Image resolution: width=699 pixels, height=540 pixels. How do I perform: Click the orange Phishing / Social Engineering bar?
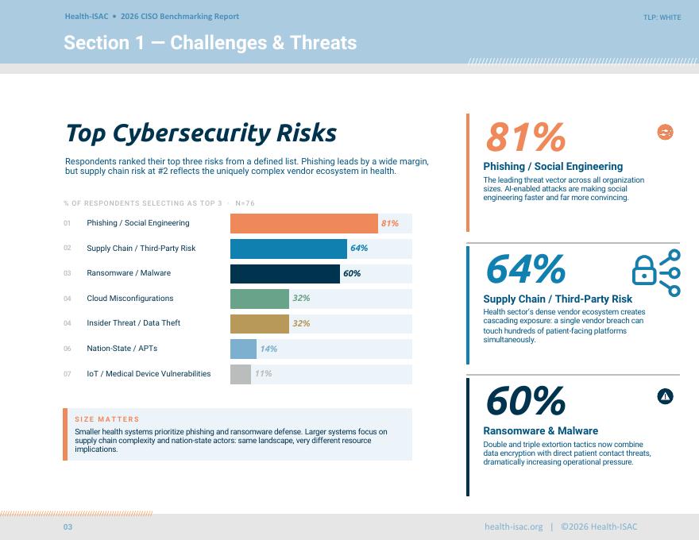click(x=304, y=223)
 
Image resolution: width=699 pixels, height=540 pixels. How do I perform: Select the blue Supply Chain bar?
click(x=288, y=249)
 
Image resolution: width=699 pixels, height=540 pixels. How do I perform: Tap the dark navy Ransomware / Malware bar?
click(x=285, y=273)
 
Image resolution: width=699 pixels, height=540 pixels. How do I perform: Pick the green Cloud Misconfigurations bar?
click(x=260, y=299)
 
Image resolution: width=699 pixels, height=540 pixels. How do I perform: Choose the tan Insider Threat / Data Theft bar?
click(x=260, y=324)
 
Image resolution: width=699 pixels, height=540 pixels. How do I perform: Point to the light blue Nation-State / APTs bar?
click(x=243, y=349)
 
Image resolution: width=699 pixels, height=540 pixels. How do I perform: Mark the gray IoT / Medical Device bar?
click(x=241, y=374)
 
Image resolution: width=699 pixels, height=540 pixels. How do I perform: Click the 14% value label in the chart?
click(x=268, y=349)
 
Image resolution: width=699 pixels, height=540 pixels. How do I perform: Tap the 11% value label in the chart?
click(x=264, y=373)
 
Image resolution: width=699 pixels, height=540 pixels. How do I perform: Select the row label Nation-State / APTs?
click(x=122, y=349)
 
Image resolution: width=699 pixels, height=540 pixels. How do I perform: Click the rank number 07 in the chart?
click(x=68, y=374)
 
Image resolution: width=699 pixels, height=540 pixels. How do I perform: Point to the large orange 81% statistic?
click(x=526, y=137)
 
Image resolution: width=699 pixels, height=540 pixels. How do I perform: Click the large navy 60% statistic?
click(x=526, y=402)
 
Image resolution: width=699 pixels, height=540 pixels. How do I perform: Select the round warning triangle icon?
click(x=665, y=396)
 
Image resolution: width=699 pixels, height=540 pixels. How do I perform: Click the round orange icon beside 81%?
click(x=665, y=132)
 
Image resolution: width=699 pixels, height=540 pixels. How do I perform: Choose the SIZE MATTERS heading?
click(x=107, y=419)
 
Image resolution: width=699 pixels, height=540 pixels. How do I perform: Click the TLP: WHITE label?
click(x=662, y=17)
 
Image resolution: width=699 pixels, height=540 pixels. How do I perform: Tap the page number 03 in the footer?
click(x=68, y=527)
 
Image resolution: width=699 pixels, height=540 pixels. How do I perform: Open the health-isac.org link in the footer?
click(x=514, y=526)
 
